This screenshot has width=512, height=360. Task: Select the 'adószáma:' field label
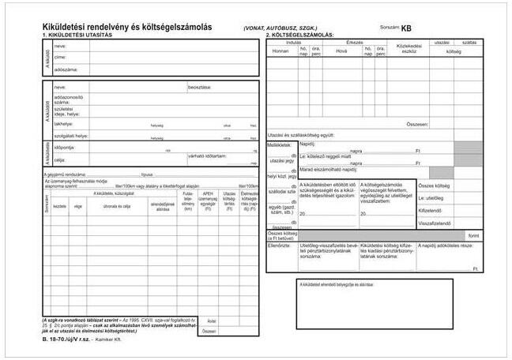[66, 69]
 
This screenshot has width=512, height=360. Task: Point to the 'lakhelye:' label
[64, 124]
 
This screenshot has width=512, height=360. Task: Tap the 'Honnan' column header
[280, 51]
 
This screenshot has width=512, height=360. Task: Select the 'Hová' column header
[341, 51]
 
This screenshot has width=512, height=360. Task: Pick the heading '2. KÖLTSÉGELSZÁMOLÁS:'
[299, 36]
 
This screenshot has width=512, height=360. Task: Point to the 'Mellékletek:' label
[280, 145]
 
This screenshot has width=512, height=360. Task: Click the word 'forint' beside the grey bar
[472, 235]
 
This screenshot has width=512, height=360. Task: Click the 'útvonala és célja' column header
[106, 206]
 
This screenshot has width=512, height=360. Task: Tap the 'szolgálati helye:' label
[70, 136]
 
